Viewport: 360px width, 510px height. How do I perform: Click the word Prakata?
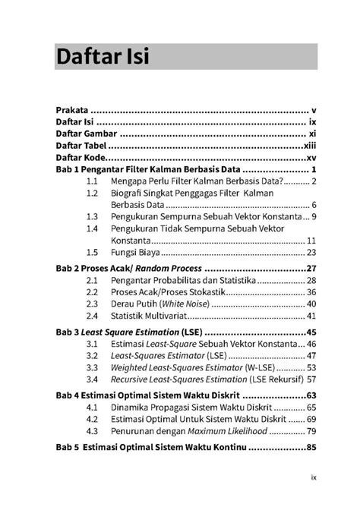point(72,109)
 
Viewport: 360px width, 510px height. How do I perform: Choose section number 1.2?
point(92,194)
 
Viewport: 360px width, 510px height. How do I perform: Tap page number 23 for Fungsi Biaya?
point(311,252)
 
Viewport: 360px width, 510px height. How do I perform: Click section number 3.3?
point(92,367)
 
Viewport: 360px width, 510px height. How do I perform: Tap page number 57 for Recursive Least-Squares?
point(311,379)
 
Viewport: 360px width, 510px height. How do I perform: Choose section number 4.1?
point(92,408)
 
